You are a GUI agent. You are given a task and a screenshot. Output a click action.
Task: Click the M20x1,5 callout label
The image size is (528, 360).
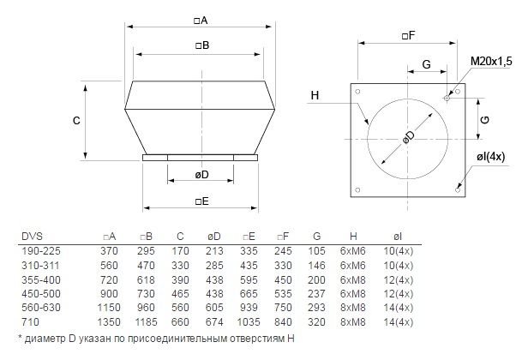tap(491, 61)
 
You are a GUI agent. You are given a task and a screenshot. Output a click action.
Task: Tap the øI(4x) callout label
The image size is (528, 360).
tap(491, 157)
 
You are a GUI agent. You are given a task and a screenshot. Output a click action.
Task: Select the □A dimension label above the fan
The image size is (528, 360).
tap(201, 21)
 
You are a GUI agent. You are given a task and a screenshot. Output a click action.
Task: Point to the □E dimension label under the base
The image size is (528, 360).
tap(202, 201)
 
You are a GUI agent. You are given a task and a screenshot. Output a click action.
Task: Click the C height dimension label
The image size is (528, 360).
tap(77, 120)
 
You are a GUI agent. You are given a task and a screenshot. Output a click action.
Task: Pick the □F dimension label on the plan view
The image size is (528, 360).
tap(409, 35)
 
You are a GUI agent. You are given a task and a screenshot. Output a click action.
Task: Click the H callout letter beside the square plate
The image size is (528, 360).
tap(315, 96)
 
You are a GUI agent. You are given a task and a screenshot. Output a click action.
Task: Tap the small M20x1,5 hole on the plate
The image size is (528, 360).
tap(447, 98)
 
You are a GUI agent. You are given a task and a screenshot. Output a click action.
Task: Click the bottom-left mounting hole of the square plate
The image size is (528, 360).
tap(357, 190)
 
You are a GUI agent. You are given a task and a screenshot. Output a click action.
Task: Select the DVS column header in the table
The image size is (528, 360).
tap(32, 236)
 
